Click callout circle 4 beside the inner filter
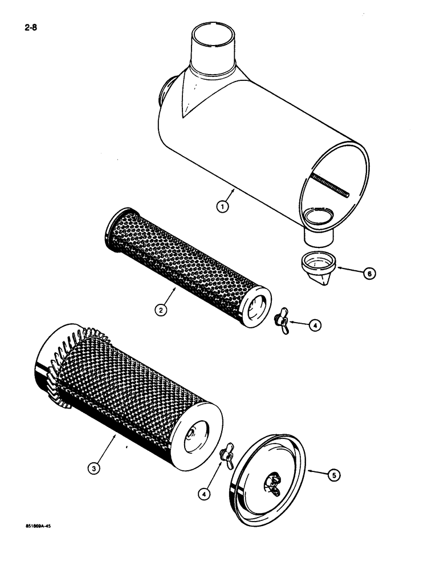[316, 325]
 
